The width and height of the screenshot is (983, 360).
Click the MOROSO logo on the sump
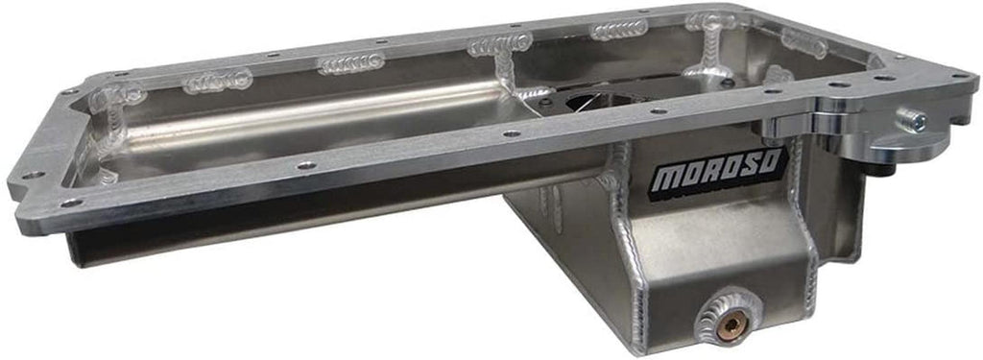point(718,169)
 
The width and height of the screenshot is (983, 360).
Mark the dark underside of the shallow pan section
point(288,230)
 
